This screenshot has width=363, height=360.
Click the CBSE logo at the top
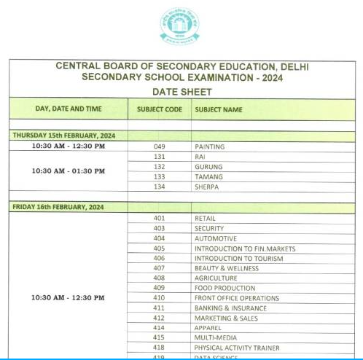(x=179, y=26)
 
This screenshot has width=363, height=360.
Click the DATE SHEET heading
(x=181, y=93)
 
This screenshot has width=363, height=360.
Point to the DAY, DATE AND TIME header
(x=69, y=109)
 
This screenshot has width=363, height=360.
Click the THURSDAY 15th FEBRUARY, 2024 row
(x=63, y=136)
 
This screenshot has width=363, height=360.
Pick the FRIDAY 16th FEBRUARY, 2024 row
(x=58, y=207)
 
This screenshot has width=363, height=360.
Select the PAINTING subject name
(x=209, y=146)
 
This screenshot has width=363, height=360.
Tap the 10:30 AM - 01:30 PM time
(x=69, y=171)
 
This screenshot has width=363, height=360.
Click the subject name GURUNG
(x=208, y=167)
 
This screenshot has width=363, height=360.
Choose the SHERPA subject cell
(x=207, y=187)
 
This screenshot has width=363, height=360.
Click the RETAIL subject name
(x=205, y=218)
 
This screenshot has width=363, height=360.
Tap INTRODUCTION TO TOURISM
(x=238, y=259)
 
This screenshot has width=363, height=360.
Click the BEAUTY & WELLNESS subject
(x=226, y=268)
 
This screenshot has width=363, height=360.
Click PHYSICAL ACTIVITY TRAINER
(x=236, y=348)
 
